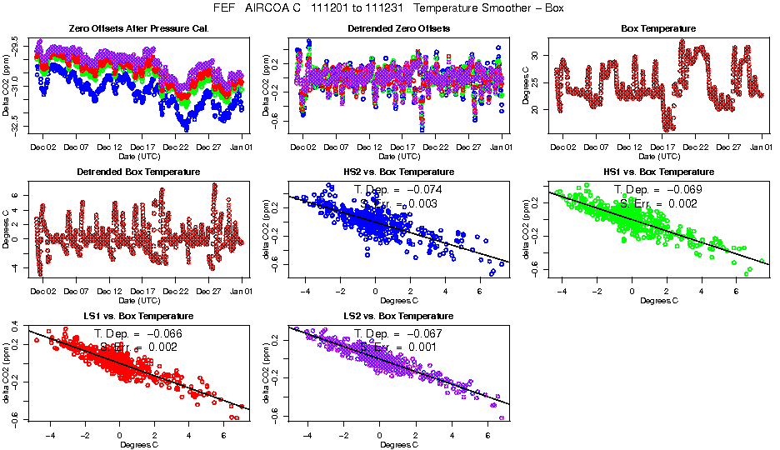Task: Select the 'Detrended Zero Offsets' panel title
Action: (x=398, y=28)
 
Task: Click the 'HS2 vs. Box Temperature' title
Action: (x=398, y=172)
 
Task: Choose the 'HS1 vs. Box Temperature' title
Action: (x=659, y=172)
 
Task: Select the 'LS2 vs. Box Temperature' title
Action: (x=398, y=317)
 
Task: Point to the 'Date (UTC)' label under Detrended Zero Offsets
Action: (x=398, y=156)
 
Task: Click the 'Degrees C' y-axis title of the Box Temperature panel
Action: (x=525, y=83)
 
